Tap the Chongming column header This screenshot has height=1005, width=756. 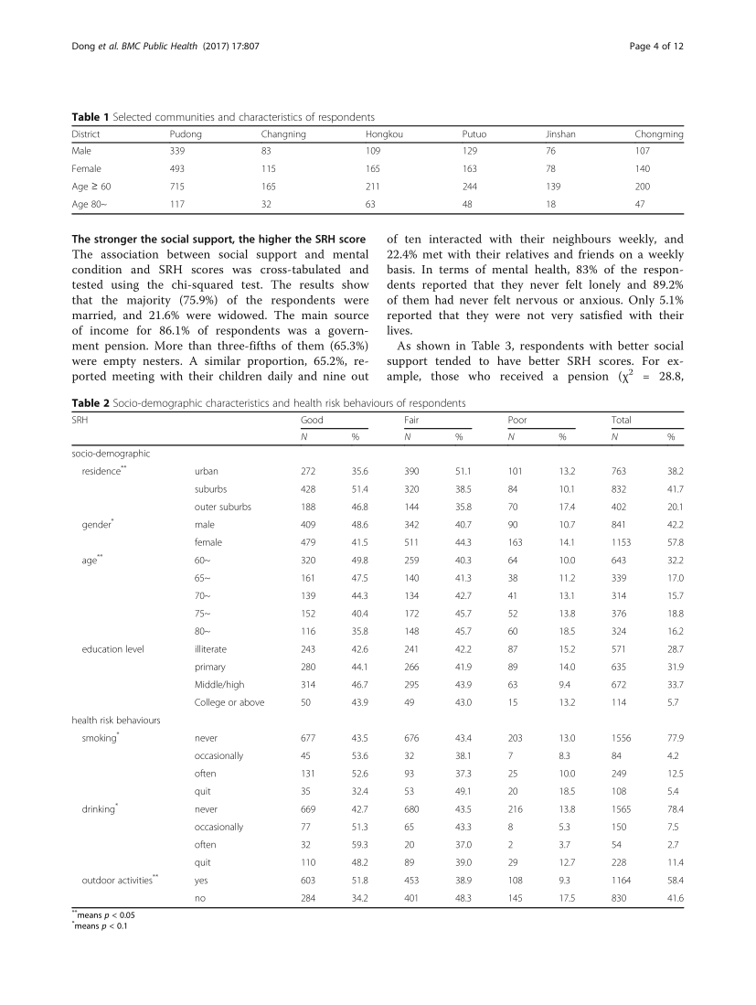(x=658, y=134)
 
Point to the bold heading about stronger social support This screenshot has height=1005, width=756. (x=218, y=240)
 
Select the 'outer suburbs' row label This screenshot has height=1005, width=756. (x=222, y=506)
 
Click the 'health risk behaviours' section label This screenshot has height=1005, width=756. (x=115, y=720)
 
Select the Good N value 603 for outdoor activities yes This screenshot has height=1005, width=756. (x=309, y=879)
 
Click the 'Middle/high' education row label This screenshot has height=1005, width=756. (x=219, y=684)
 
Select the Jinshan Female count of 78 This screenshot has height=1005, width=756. (x=551, y=169)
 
